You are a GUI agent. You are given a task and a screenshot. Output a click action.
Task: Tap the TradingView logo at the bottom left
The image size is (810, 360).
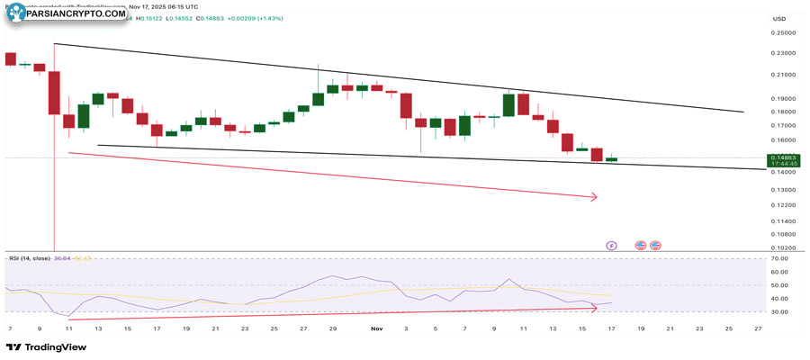pyautogui.click(x=40, y=347)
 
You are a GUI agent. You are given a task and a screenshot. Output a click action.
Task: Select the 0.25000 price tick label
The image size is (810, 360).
pyautogui.click(x=783, y=32)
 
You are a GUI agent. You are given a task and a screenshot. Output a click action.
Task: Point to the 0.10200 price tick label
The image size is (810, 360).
pyautogui.click(x=783, y=247)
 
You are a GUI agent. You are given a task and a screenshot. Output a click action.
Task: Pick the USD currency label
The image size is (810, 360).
pyautogui.click(x=779, y=18)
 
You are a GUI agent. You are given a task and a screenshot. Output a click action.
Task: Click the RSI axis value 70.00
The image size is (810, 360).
pyautogui.click(x=782, y=258)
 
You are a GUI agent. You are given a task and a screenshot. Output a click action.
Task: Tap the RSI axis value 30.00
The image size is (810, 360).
pyautogui.click(x=782, y=312)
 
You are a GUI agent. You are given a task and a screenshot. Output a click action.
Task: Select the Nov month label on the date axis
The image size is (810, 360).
pyautogui.click(x=376, y=329)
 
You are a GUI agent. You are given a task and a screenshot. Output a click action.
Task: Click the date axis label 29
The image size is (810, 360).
pyautogui.click(x=332, y=329)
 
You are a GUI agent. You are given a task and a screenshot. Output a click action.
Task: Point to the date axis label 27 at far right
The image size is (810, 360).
pyautogui.click(x=758, y=329)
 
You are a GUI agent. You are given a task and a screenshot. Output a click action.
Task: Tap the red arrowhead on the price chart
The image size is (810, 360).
pyautogui.click(x=593, y=196)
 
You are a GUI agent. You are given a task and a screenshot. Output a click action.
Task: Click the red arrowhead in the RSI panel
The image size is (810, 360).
pyautogui.click(x=593, y=307)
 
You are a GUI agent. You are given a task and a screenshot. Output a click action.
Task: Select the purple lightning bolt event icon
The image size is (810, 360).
pyautogui.click(x=611, y=245)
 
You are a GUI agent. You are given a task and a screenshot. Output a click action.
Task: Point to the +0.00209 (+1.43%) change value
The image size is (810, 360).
pyautogui.click(x=253, y=18)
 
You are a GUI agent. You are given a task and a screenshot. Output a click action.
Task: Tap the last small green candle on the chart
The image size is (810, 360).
pyautogui.click(x=611, y=159)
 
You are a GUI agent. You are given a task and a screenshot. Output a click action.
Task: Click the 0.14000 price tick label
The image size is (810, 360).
pyautogui.click(x=783, y=174)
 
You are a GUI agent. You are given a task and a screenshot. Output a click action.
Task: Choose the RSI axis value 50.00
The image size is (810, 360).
pyautogui.click(x=782, y=285)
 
